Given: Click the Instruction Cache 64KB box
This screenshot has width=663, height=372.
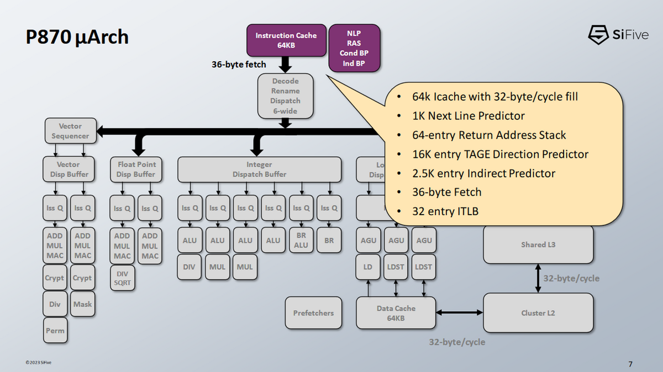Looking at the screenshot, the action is coord(286,40).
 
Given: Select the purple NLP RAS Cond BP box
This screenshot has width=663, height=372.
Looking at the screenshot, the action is coord(354,48).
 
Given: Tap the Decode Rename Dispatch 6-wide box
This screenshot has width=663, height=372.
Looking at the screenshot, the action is coord(285,96).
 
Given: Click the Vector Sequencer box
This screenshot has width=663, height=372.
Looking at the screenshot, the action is coord(71,131).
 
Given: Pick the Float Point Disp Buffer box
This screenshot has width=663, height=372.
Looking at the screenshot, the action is coord(136,169).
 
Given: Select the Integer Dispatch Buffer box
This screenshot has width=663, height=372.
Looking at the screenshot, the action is coord(259,169).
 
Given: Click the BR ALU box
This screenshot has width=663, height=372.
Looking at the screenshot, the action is coord(301,240).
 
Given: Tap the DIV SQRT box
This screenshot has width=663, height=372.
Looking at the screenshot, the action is coord(122,278).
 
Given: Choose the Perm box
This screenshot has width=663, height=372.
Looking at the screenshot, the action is coord(55,330).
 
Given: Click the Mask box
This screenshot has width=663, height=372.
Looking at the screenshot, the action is coord(82,304).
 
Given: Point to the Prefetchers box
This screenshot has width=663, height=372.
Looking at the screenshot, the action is coord(313,313).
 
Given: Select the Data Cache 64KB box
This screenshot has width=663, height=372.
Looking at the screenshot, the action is coord(396,313).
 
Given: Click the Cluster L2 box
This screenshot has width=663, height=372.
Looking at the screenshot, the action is coord(538,313).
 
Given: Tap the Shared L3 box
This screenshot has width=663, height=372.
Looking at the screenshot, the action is coord(538,245).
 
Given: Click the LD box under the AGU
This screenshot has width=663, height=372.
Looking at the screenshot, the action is coord(368,267).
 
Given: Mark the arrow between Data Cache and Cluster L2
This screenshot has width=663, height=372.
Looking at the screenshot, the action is coord(459,312).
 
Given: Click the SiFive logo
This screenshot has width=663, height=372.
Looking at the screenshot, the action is coord(618,35).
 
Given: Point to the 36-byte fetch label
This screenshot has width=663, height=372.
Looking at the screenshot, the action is coord(239,65).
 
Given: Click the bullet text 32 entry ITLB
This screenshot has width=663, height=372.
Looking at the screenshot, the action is coord(445,211).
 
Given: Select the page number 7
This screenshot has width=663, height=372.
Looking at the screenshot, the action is coord(630,364).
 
